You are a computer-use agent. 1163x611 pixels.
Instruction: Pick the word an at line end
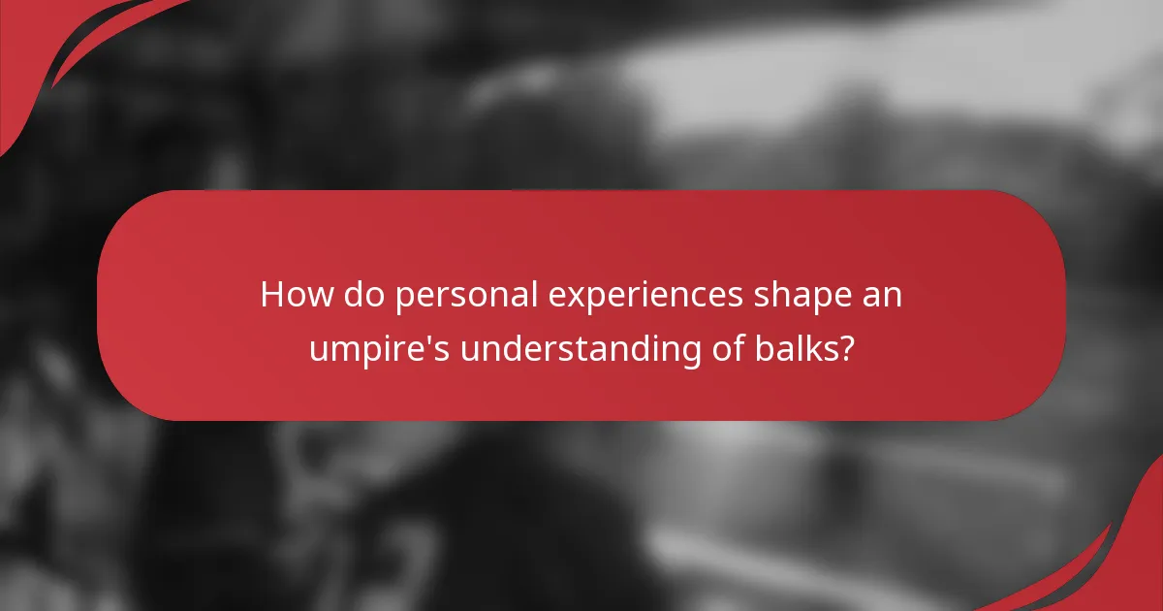(884, 297)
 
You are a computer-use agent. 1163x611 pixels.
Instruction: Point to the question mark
(846, 346)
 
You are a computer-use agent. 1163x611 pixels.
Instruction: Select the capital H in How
(272, 295)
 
